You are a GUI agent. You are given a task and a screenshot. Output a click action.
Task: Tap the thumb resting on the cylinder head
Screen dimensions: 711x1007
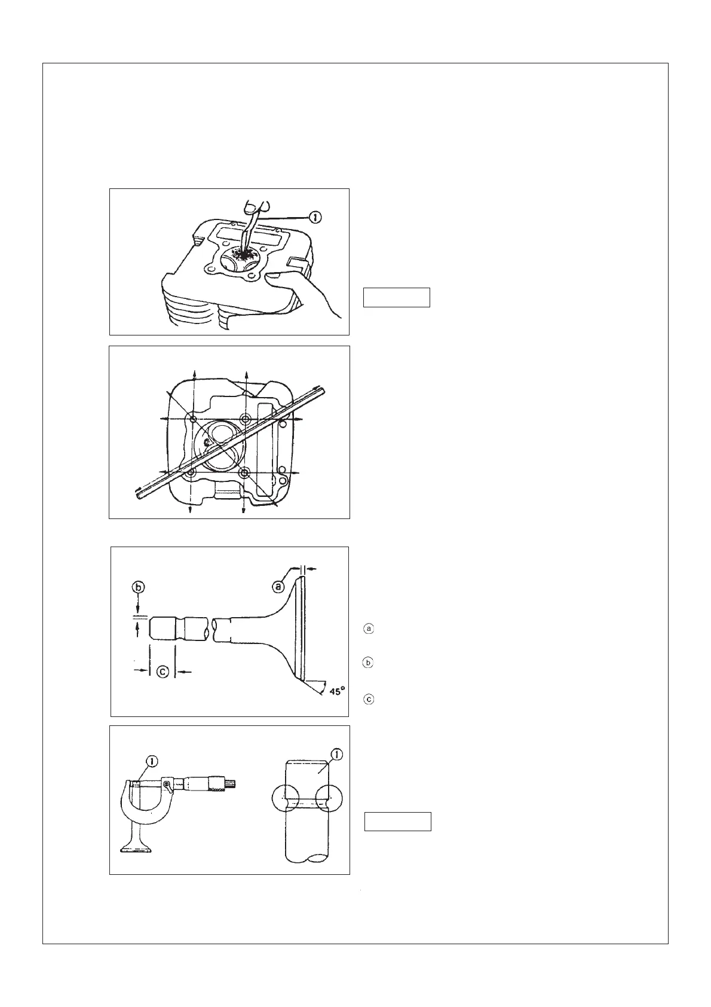[274, 277]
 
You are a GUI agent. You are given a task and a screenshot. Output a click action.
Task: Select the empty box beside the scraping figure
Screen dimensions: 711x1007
[397, 297]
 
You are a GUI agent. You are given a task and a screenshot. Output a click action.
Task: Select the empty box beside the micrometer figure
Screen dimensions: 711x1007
[398, 822]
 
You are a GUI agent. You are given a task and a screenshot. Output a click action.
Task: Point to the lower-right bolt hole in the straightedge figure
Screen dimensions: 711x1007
[244, 472]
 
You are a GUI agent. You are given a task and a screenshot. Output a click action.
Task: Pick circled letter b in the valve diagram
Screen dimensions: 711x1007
[138, 588]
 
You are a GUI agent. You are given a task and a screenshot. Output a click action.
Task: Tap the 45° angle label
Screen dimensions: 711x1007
[336, 692]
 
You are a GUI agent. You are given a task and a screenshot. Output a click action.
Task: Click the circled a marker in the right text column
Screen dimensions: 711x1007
[369, 628]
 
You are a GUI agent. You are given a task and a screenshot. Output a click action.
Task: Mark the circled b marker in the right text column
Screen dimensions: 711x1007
[369, 663]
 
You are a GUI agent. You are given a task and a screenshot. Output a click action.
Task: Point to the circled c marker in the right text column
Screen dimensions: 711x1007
[369, 698]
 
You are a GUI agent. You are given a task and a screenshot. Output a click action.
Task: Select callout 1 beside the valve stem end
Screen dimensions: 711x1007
[337, 755]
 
